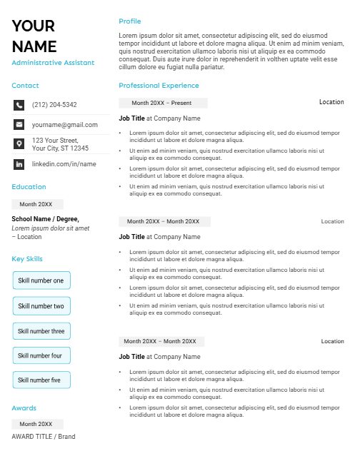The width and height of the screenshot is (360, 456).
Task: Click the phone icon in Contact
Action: click(19, 105)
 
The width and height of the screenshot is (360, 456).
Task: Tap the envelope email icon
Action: click(19, 124)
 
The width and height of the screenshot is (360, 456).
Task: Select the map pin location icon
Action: click(19, 144)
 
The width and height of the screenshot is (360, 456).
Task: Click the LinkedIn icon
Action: click(19, 164)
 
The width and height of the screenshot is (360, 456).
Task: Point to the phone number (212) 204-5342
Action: click(54, 105)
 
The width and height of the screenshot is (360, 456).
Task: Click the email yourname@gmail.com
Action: click(65, 124)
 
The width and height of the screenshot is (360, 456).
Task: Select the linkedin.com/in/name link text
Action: click(64, 164)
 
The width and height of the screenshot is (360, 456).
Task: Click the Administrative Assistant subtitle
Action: click(53, 63)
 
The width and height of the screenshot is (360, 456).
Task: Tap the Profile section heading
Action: click(130, 21)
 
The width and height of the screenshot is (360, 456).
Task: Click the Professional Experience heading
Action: click(159, 86)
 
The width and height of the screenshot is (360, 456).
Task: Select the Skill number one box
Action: click(41, 281)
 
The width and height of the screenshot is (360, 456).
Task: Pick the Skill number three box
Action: click(41, 331)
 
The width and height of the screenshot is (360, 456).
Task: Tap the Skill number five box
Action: click(41, 380)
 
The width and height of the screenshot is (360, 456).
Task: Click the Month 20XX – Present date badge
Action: click(162, 103)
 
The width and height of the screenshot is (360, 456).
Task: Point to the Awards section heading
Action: click(24, 408)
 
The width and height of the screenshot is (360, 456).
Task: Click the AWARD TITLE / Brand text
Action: click(43, 437)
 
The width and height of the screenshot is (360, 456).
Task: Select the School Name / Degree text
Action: click(46, 219)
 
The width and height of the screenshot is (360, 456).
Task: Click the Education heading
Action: click(29, 187)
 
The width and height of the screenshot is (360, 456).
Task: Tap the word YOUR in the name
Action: click(34, 26)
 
